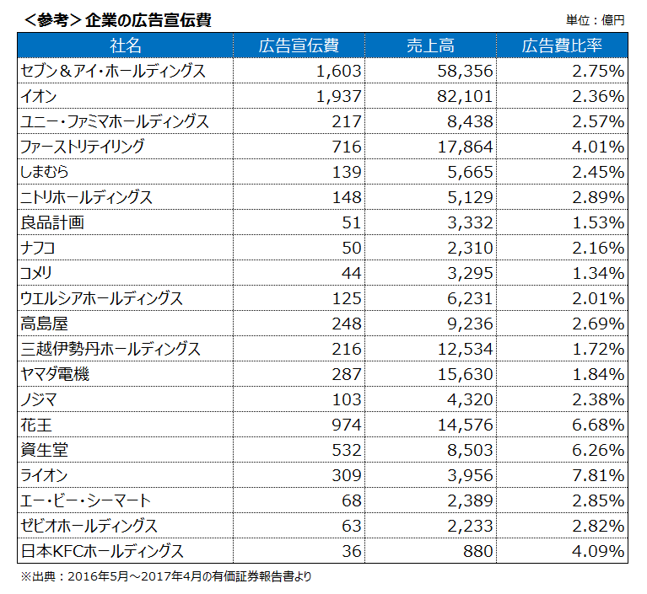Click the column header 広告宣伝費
point(299,45)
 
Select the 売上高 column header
point(430,45)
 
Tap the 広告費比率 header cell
point(562,45)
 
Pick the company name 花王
point(37,425)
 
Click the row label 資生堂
point(44,450)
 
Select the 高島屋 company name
point(44,324)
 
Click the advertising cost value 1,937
point(338,96)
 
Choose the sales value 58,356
point(465,71)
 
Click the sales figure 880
point(477,551)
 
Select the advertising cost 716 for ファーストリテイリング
point(347,147)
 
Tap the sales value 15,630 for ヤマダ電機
point(465,374)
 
